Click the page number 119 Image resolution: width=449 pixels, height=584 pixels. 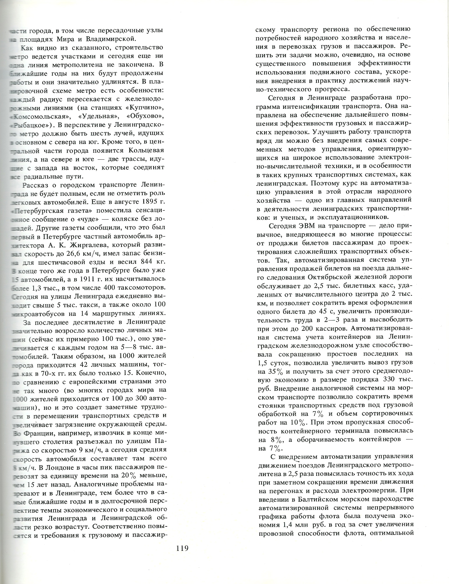pos(182,549)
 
